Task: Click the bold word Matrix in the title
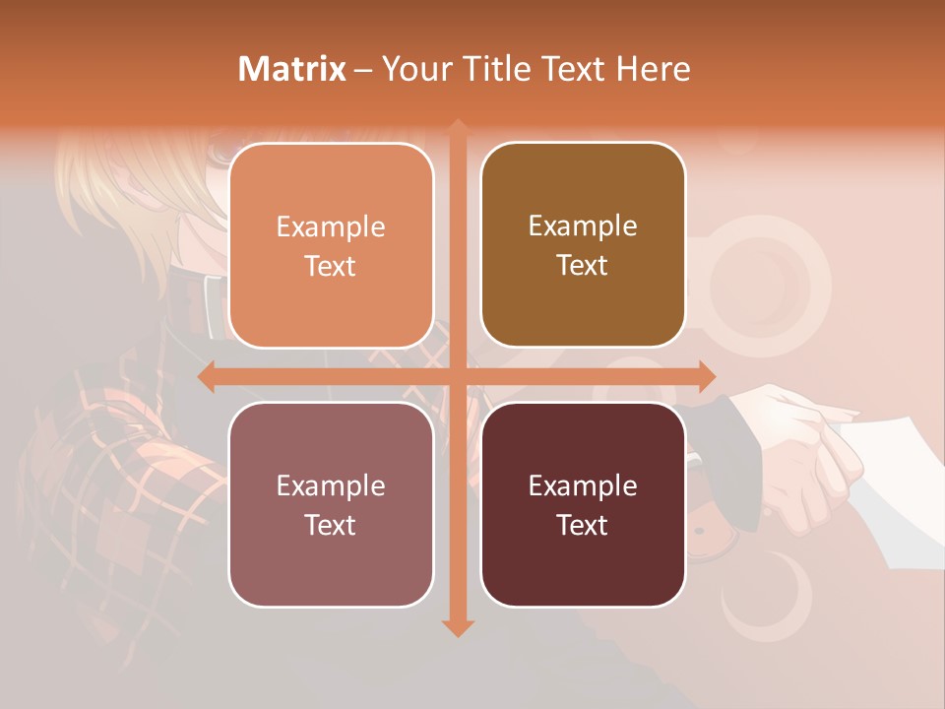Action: coord(292,69)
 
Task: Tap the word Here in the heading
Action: coord(653,69)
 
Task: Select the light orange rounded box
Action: coord(331,245)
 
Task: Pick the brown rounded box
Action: coord(583,245)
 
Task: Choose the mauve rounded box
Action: coord(331,504)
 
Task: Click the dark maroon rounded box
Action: coord(583,504)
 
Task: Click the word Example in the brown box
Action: coord(583,226)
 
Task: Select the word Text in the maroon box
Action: coord(583,525)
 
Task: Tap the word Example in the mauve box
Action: coord(331,485)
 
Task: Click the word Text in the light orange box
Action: coord(331,266)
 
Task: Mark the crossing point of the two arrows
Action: coord(458,377)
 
